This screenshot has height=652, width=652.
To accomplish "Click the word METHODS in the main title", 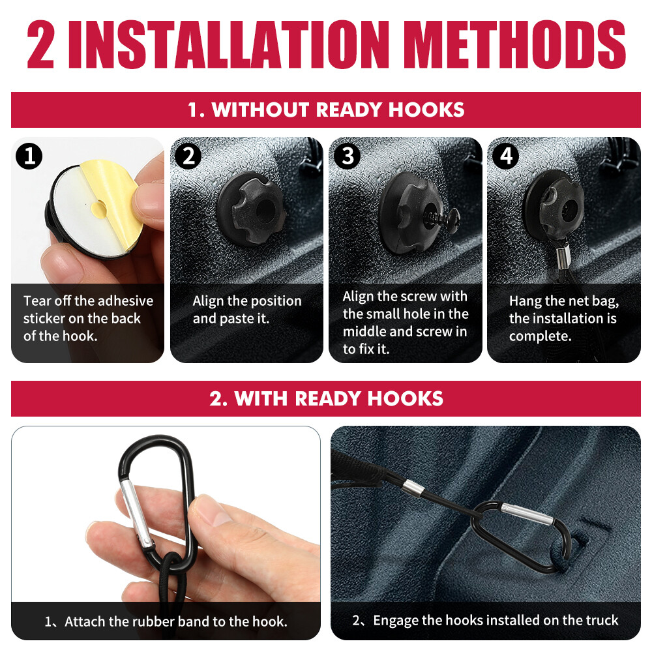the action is point(515,44).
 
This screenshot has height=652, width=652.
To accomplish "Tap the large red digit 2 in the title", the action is point(40,44).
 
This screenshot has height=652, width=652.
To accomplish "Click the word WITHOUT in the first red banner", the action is point(261,110).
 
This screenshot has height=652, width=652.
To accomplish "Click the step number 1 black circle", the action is point(29,156).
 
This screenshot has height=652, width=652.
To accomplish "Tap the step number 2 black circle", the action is point(188,156).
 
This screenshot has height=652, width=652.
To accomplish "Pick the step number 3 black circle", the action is point(348,156).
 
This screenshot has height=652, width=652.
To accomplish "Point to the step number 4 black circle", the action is point(506,156).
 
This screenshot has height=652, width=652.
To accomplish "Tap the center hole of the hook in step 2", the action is point(265,209).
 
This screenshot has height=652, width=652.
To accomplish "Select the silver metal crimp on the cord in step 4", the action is point(562,256).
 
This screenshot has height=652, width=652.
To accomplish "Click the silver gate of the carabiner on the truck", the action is point(527,514).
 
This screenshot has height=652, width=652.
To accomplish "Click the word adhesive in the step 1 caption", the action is point(125,301).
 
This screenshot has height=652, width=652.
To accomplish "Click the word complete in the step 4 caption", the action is point(539,336).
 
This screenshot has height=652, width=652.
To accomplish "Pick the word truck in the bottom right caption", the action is point(602,620).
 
